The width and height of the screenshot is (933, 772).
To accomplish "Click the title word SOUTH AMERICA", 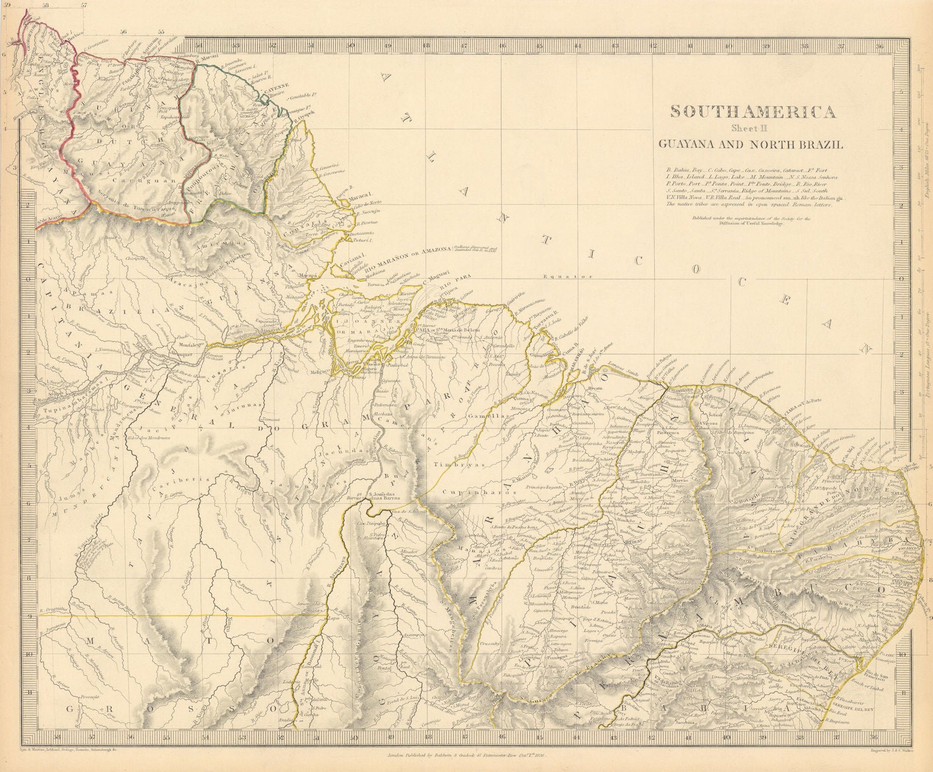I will click(752, 112).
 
